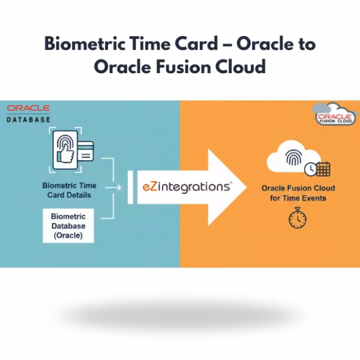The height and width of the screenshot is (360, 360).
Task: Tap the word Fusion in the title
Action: pos(191,66)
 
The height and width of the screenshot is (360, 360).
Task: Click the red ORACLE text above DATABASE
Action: pos(28,108)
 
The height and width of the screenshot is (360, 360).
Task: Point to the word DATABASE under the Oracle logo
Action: pos(28,119)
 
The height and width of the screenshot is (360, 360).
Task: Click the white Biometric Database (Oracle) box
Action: pos(68,226)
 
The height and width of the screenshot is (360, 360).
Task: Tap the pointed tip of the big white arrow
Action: pos(245,186)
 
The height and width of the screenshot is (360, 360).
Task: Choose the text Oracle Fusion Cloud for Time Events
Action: pos(298,193)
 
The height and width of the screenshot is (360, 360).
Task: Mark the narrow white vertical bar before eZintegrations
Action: pos(129,187)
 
